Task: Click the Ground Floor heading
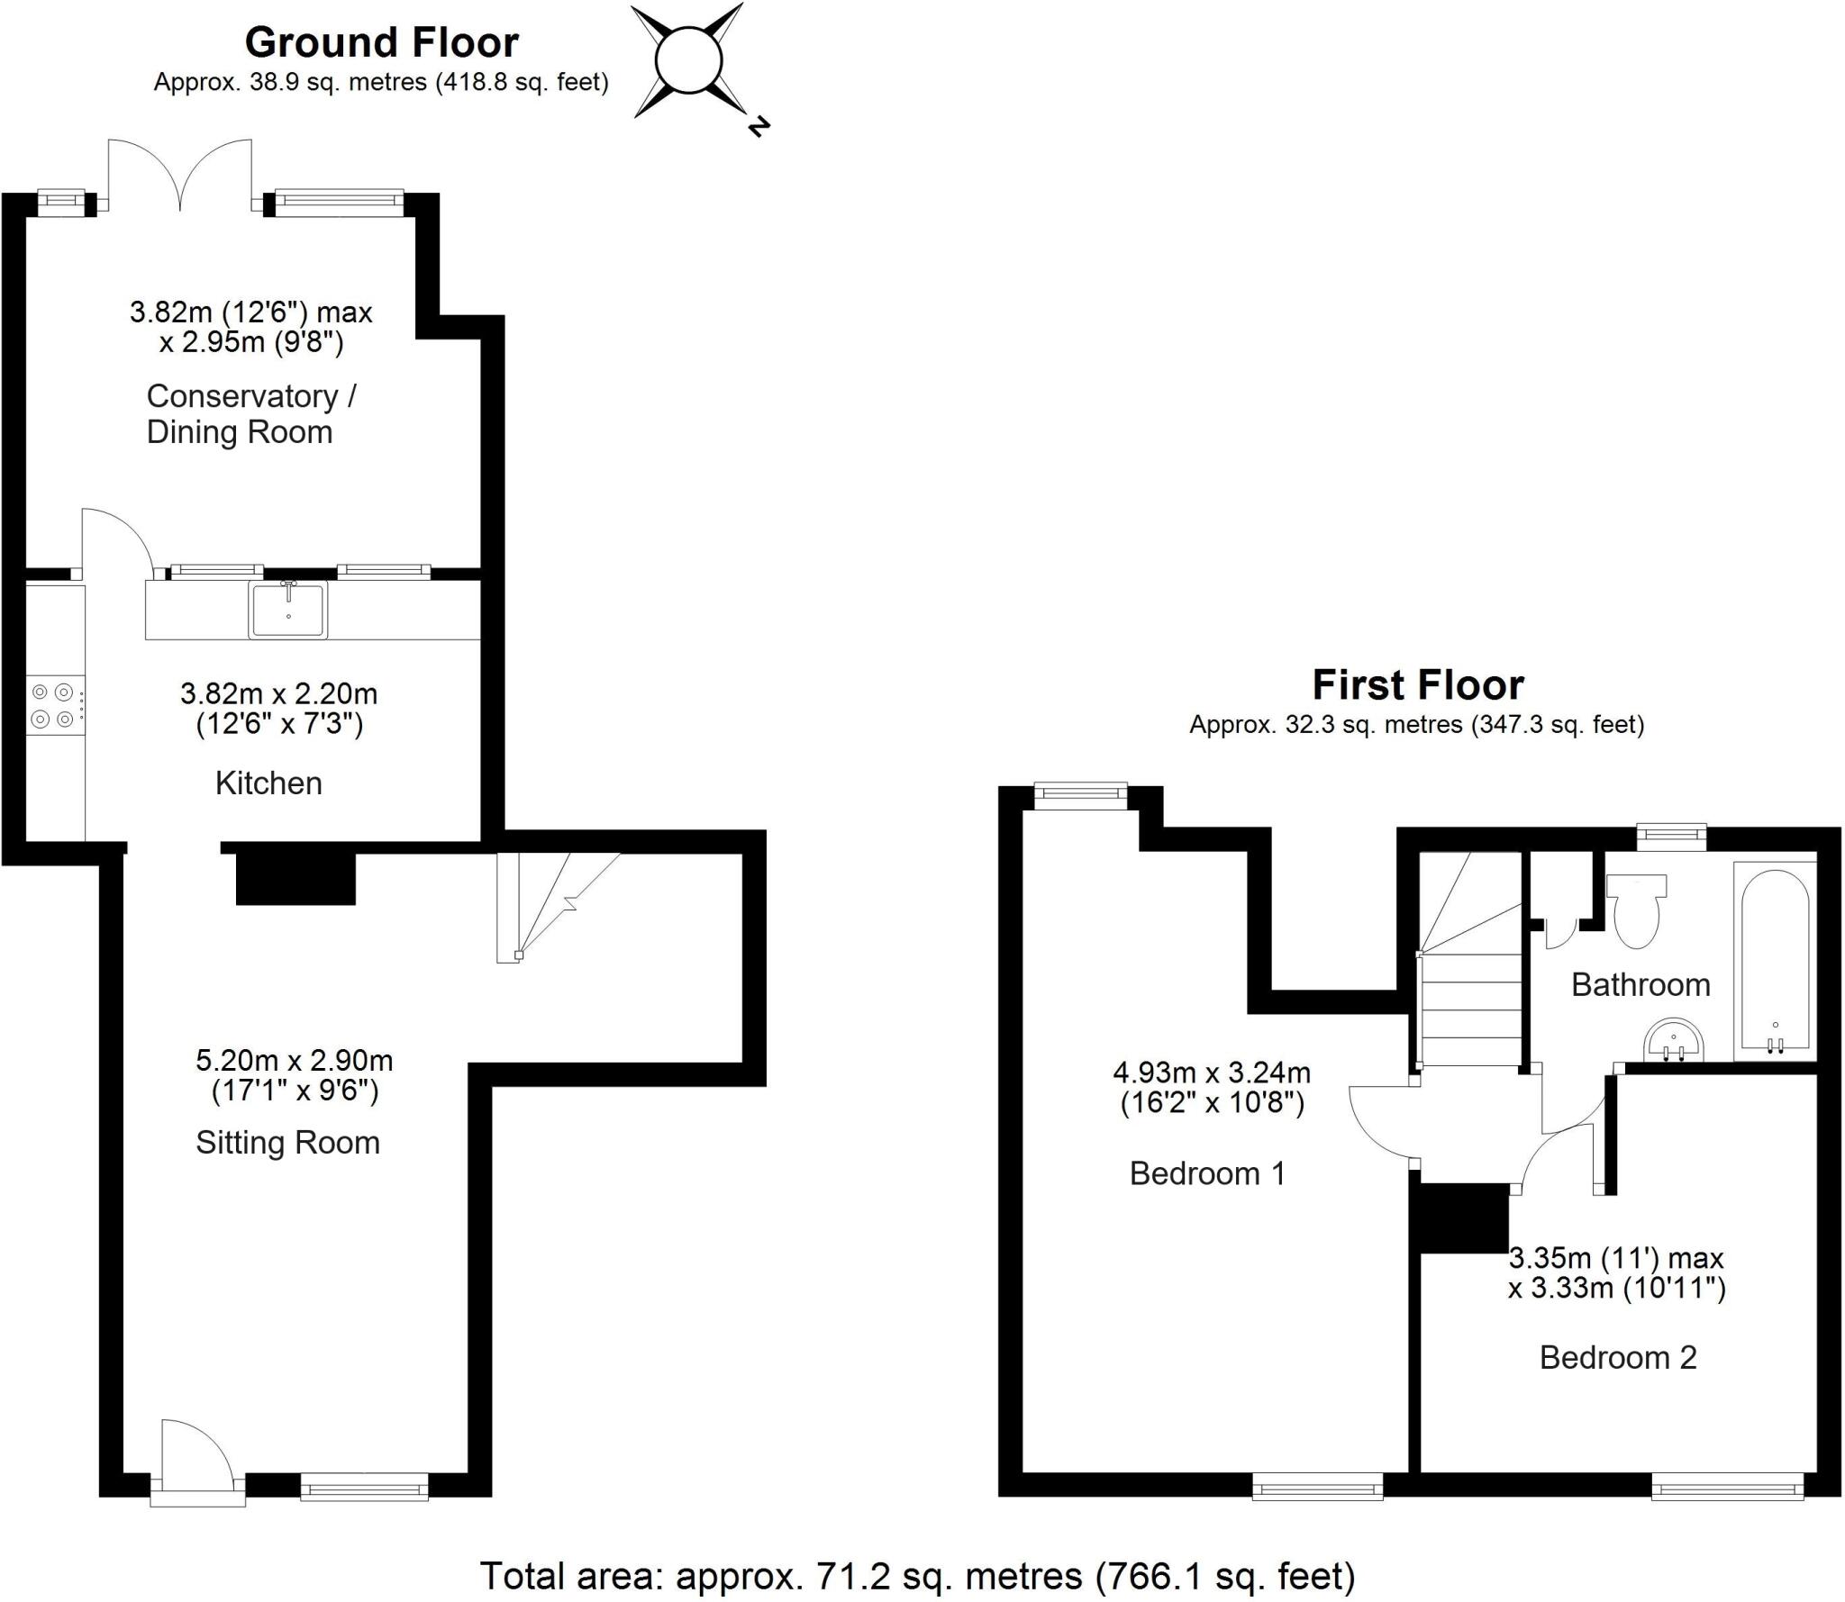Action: coord(381,42)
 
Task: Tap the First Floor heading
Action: coord(1417,684)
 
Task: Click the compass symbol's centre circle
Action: coord(688,60)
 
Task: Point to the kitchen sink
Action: coord(288,610)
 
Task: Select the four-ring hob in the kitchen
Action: coord(52,706)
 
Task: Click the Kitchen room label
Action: coord(268,783)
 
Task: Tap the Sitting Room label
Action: coord(287,1143)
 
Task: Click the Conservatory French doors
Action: coord(180,176)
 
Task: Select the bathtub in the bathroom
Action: coord(1774,962)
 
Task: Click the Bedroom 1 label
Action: coord(1206,1173)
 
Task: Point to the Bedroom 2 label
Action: coord(1617,1357)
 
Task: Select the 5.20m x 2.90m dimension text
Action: coord(295,1075)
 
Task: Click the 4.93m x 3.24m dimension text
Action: coord(1212,1087)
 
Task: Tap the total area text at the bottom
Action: coord(917,1575)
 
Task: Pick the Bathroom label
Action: coord(1640,985)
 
